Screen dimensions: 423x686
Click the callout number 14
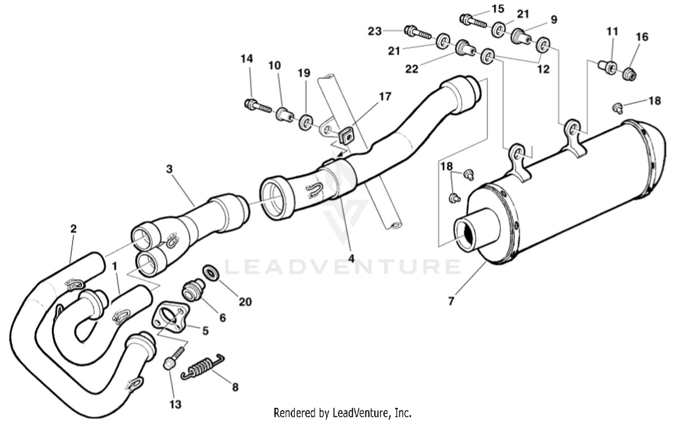click(x=247, y=59)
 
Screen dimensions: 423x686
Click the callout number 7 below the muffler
click(x=451, y=301)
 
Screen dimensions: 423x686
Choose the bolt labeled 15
click(x=472, y=20)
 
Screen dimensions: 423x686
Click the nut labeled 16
click(x=630, y=73)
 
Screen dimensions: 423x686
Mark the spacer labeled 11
click(x=606, y=67)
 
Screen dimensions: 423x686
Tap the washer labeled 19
click(x=305, y=122)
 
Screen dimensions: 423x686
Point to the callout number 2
click(x=74, y=228)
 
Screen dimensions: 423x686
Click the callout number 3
click(x=169, y=169)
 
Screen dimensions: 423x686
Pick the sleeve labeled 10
click(x=284, y=114)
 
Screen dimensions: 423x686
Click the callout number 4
click(x=351, y=259)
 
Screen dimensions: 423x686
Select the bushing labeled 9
click(x=522, y=36)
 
